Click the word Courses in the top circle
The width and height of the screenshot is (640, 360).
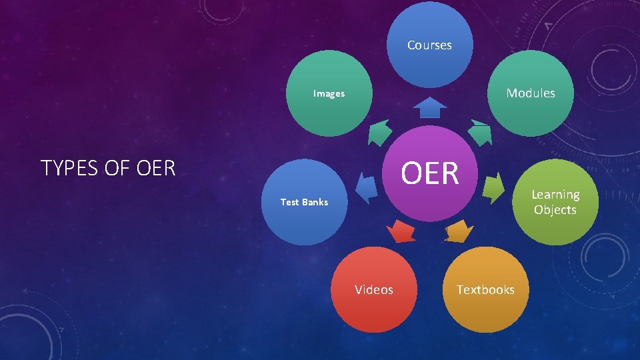point(429,45)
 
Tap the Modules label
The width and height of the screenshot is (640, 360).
point(531,93)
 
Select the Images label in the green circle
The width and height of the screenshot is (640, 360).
point(329,94)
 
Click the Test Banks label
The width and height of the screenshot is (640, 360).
point(304,202)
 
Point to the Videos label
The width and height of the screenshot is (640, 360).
point(374,290)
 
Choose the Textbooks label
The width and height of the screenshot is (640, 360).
point(485,290)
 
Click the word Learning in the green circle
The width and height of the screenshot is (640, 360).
point(555,195)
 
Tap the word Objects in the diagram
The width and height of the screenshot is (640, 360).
point(555,210)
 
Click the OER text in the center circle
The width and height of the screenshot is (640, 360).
point(430,173)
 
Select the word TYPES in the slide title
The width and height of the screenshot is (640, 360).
point(66,169)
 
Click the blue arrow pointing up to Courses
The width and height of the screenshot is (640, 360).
point(430,108)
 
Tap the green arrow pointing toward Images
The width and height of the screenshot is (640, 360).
point(380,132)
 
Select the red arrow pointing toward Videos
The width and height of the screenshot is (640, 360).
point(401,231)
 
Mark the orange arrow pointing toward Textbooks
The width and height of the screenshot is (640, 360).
point(459,231)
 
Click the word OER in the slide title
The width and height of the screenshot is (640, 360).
point(155,169)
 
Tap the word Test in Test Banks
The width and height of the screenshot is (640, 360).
point(289,202)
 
